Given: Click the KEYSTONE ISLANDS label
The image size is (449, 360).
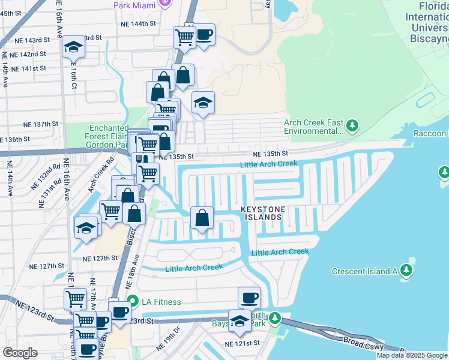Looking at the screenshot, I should point(262,213).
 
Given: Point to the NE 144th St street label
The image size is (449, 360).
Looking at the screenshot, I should point(138,24).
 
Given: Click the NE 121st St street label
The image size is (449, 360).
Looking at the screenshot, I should point(242,344).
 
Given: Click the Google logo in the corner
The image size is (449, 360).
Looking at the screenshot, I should point(20,352).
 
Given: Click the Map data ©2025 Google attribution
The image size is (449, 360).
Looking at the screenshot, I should point(412,355).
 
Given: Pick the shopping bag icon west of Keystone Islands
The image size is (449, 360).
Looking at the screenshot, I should point(203,218).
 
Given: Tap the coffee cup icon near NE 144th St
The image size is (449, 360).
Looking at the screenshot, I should point(204,35).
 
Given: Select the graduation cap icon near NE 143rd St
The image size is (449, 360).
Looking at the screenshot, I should point(73,46).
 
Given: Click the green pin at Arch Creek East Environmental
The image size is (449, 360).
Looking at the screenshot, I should point(353,126).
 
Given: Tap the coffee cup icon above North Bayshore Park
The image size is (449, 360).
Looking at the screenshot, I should point(249,297).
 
